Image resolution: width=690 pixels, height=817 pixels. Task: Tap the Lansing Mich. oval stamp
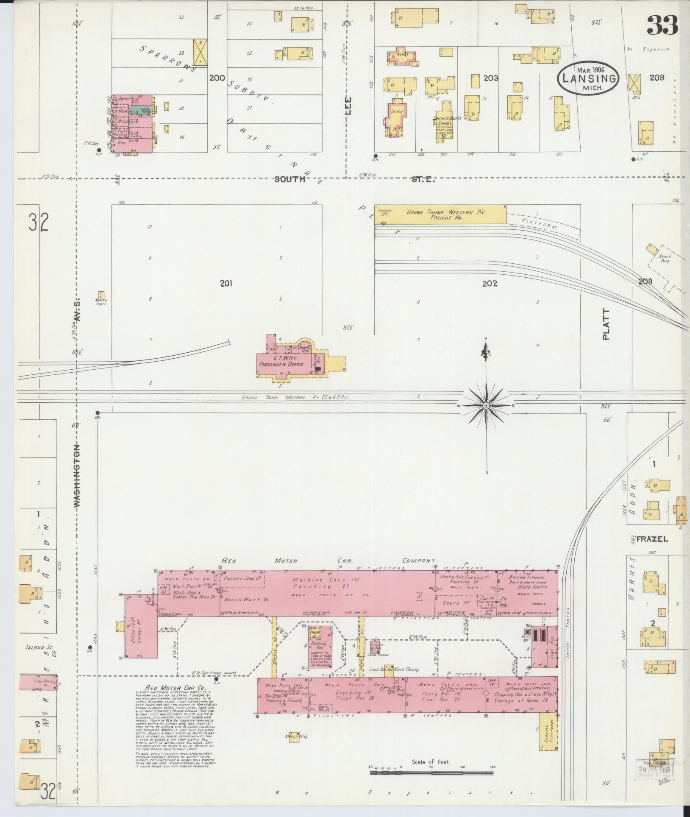589,78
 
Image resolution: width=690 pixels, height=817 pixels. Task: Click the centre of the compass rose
487,406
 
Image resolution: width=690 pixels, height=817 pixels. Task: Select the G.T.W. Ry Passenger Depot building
286,361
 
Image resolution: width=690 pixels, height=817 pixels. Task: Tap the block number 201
226,283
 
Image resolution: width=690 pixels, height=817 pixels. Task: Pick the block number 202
490,283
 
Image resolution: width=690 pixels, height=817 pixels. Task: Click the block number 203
490,78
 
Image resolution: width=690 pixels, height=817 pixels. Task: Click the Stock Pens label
664,259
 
